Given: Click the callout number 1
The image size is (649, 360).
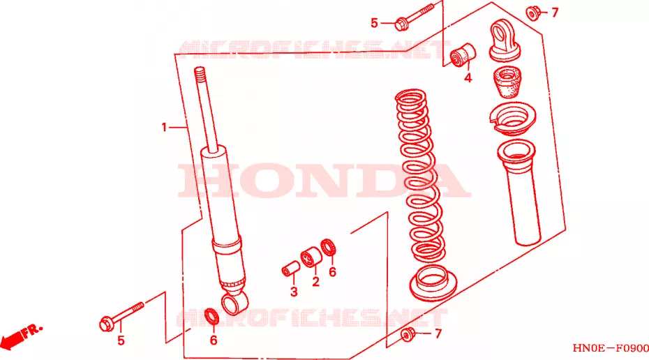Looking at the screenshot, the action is click(x=164, y=128).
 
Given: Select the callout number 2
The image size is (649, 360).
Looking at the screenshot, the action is click(x=316, y=282).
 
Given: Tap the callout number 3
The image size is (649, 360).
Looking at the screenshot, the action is click(x=294, y=292).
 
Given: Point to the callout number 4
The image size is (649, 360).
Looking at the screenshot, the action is click(x=468, y=77).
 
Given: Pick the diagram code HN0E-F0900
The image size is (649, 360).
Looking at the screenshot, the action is click(x=611, y=348).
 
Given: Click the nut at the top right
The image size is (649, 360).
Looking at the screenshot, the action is click(x=533, y=13).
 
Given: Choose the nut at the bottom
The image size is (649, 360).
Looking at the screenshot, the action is click(x=408, y=334).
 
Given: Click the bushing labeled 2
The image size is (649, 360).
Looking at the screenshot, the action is click(x=311, y=257).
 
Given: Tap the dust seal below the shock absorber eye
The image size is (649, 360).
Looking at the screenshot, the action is click(x=213, y=316).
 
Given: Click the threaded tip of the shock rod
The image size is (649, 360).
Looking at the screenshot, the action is click(x=200, y=74).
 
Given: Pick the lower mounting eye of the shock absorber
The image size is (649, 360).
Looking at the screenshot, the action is click(x=235, y=301).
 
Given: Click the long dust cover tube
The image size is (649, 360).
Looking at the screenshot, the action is click(x=519, y=193).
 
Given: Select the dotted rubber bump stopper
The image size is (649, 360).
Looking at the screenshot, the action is click(x=507, y=82).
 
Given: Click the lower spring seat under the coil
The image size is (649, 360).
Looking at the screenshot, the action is click(x=433, y=283).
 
